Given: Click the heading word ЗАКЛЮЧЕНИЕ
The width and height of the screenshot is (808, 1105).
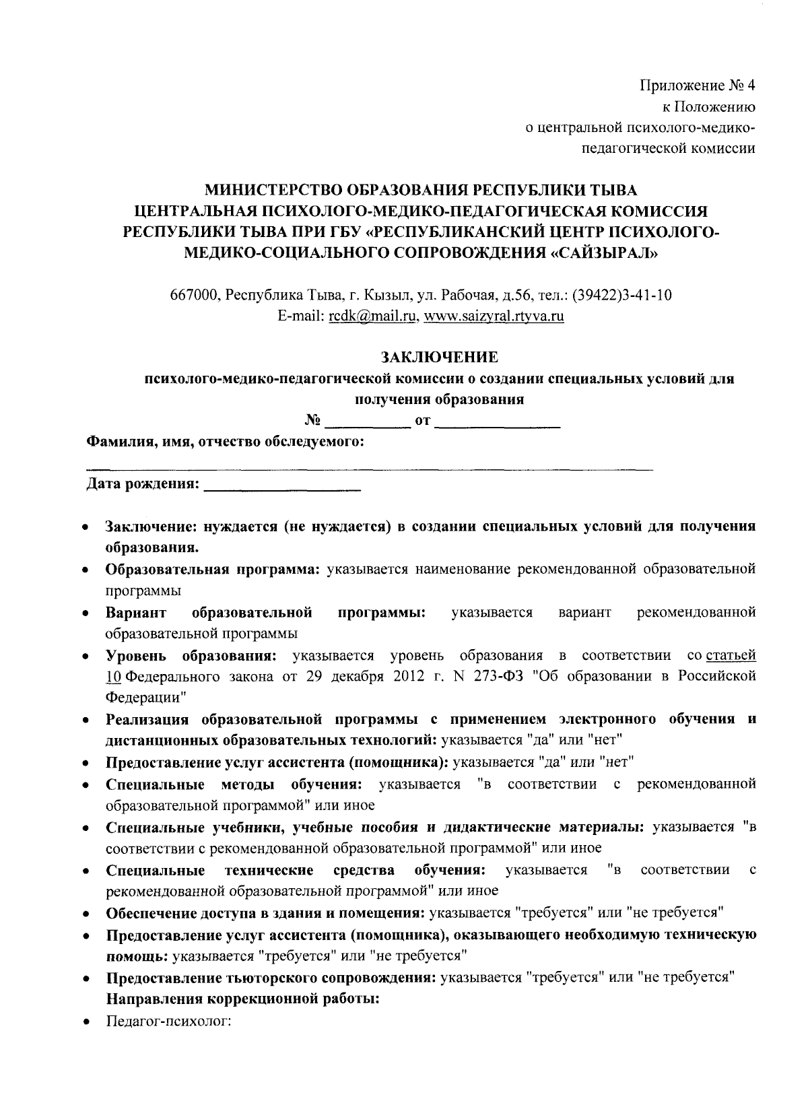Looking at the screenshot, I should [439, 356].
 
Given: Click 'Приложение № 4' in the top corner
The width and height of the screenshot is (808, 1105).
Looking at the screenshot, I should [698, 86].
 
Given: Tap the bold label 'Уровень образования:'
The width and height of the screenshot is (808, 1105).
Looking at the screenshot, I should [189, 655].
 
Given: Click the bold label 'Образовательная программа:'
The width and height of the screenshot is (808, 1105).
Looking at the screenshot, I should [213, 569].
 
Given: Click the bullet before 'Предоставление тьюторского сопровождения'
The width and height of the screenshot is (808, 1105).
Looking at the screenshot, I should [88, 978].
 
